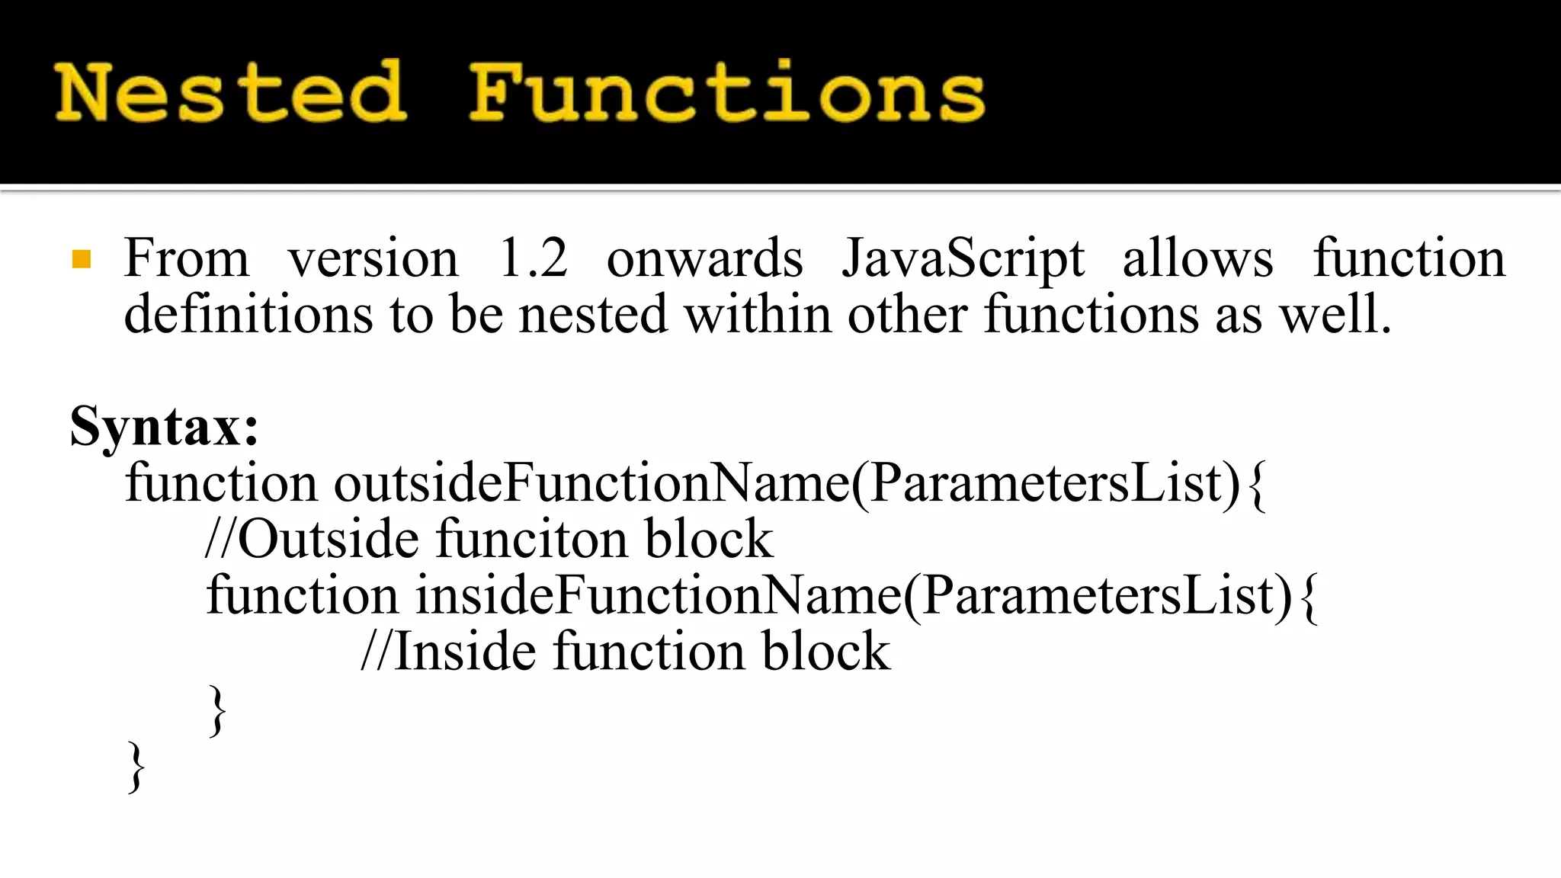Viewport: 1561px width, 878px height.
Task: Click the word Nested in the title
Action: click(x=230, y=93)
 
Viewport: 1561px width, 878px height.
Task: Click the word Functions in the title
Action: click(x=726, y=93)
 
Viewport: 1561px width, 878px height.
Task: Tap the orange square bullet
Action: click(x=82, y=260)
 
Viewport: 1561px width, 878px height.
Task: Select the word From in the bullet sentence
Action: click(x=187, y=258)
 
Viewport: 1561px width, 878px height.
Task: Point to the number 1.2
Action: click(x=533, y=258)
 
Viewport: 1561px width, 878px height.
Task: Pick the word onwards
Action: click(x=704, y=258)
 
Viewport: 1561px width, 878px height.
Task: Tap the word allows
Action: click(x=1197, y=258)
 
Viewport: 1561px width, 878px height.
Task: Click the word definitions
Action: click(x=248, y=314)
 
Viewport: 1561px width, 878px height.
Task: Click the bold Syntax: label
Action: click(x=165, y=427)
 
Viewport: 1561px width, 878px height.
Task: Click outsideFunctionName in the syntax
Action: click(x=591, y=482)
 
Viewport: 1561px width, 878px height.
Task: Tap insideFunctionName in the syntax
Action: click(x=659, y=595)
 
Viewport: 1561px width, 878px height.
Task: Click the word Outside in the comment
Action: click(x=329, y=539)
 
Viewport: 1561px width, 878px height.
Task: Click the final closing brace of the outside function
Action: click(x=136, y=767)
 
